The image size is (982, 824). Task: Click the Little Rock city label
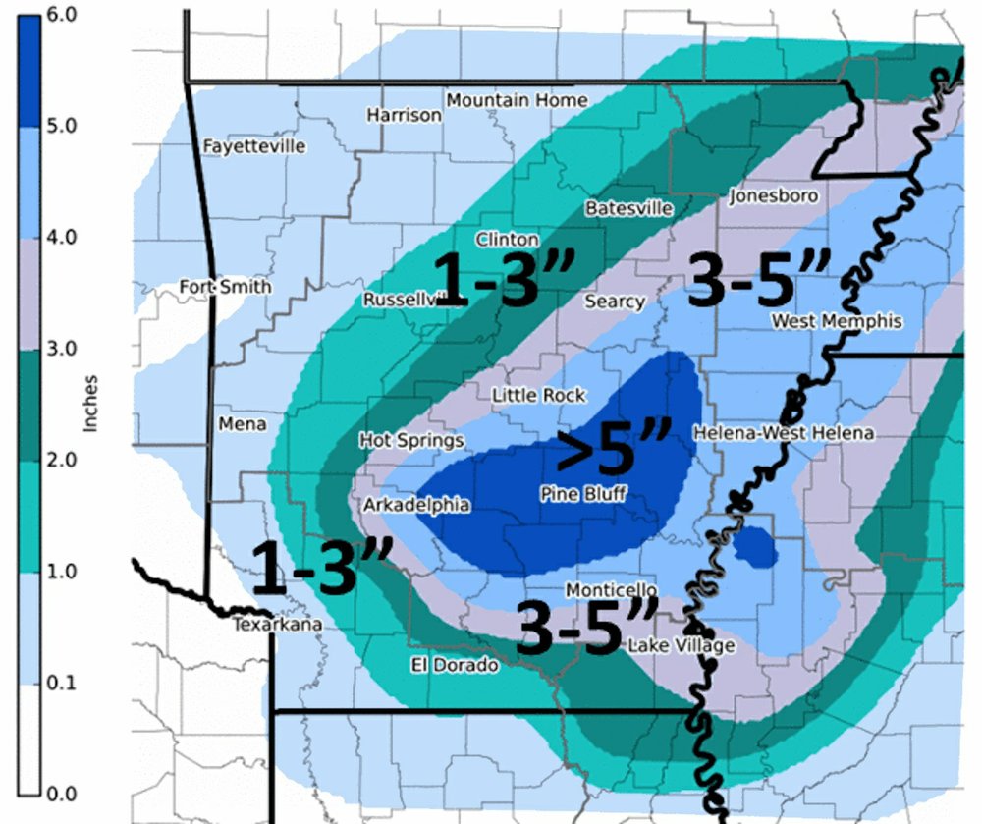538,395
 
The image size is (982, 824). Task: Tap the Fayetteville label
254,146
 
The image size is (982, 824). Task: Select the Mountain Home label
517,100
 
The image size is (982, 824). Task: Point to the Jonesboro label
773,196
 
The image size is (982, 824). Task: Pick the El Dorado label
454,665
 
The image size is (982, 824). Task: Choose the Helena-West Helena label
783,433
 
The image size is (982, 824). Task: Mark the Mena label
242,423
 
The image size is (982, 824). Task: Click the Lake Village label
681,645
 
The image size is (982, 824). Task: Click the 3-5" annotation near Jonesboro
758,278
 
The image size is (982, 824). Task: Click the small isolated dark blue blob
755,546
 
